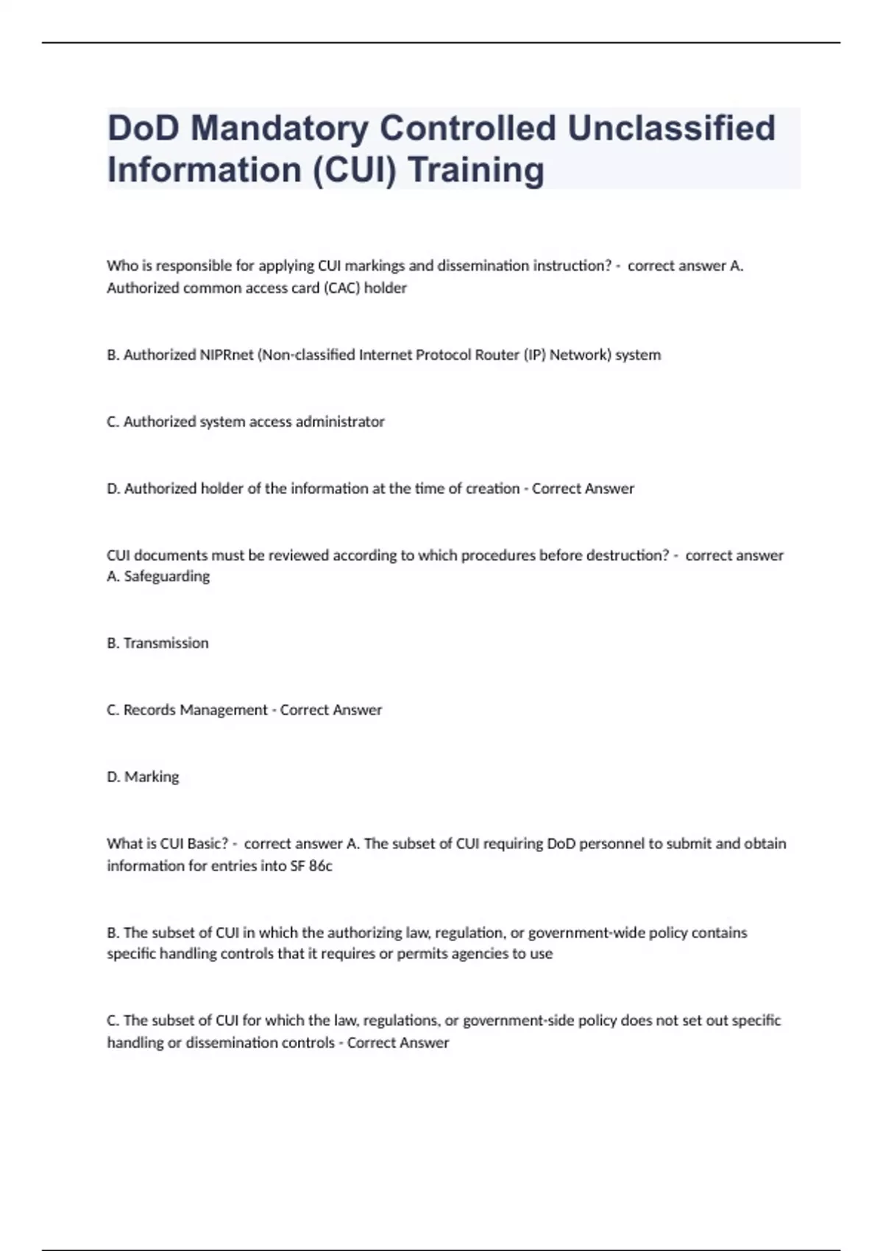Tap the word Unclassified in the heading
(671, 129)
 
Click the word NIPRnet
(226, 355)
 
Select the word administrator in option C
(340, 422)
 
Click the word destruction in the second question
(628, 556)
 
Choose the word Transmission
(166, 643)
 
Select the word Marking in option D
(152, 777)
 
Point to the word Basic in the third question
(208, 843)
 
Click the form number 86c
(320, 866)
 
